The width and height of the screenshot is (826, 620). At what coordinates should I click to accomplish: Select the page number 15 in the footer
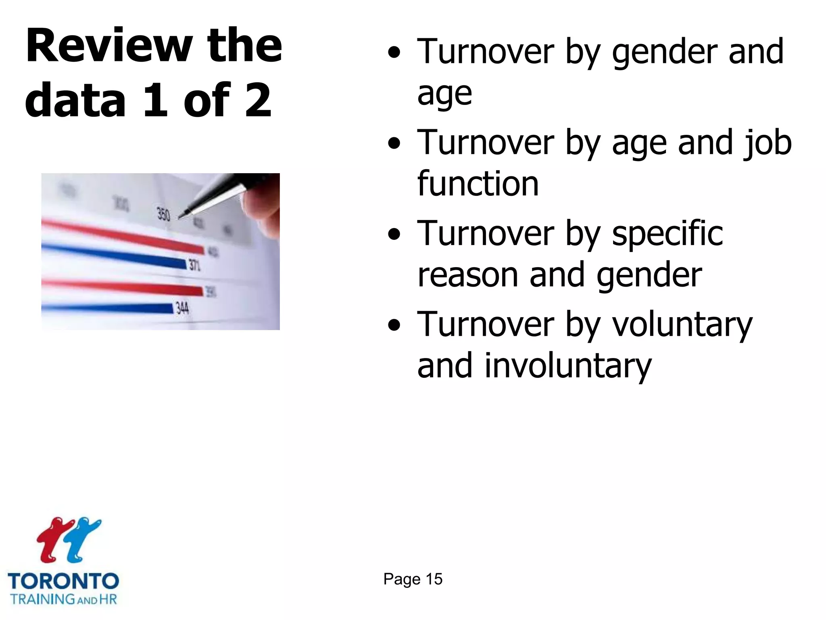tap(434, 579)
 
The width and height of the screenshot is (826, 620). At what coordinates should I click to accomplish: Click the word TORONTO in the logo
tap(63, 582)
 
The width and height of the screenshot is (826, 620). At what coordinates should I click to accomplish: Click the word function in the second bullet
tap(478, 184)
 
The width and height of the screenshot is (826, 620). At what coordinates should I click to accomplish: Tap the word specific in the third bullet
tap(667, 234)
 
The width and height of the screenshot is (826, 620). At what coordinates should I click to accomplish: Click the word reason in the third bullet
tap(468, 275)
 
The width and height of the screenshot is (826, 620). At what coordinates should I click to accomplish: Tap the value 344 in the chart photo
tap(182, 308)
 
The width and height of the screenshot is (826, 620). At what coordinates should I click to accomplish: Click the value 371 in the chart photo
tap(195, 265)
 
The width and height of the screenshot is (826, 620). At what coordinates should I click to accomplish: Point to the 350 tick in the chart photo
tap(163, 214)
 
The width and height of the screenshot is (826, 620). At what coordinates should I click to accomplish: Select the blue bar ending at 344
tap(109, 308)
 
